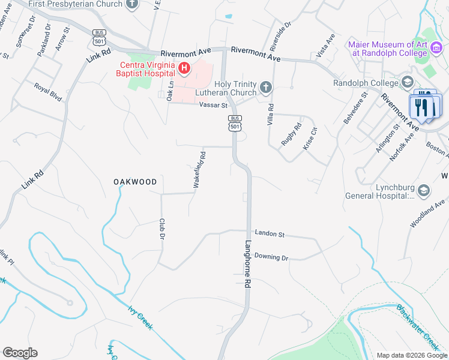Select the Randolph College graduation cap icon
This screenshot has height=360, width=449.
[x=408, y=82]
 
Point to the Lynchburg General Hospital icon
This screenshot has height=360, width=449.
[x=424, y=191]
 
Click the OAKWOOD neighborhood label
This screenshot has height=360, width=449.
[x=136, y=181]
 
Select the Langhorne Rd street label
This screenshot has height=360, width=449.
[x=247, y=265]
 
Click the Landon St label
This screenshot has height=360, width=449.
[x=269, y=233]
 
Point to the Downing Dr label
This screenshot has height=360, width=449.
[x=271, y=257]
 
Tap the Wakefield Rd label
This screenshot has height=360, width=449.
[x=199, y=170]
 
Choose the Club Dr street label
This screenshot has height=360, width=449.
[x=162, y=230]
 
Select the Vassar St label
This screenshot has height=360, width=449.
[x=214, y=106]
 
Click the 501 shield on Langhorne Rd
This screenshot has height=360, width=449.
[x=235, y=123]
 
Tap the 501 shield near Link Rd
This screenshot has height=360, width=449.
[x=100, y=37]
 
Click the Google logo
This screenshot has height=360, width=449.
[x=20, y=353]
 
